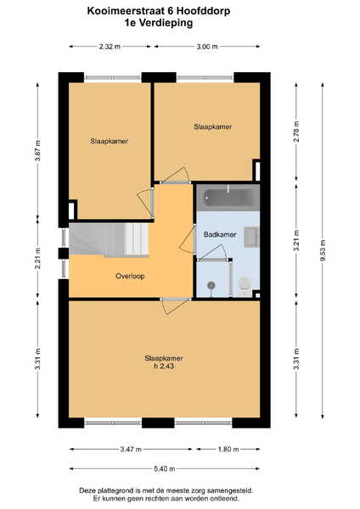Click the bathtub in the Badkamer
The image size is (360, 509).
[228, 198]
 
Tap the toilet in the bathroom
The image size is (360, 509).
[245, 286]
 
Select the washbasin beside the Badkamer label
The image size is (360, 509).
[251, 238]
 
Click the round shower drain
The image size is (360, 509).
[211, 285]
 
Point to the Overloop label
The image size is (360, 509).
[130, 276]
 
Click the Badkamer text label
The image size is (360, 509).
[220, 234]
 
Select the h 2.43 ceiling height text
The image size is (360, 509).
[164, 366]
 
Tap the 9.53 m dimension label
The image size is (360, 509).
[322, 250]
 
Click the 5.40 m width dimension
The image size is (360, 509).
[165, 469]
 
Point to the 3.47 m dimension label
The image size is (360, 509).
[131, 450]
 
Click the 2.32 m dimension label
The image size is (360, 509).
[110, 47]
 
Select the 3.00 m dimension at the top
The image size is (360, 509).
[207, 47]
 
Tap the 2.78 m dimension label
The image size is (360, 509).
[296, 131]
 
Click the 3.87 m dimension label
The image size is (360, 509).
[37, 151]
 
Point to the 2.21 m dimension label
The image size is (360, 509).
[37, 258]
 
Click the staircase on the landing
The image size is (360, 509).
[109, 239]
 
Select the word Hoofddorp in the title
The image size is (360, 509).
[204, 11]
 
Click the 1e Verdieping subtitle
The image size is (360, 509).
[159, 23]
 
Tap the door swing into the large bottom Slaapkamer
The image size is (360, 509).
[176, 306]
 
